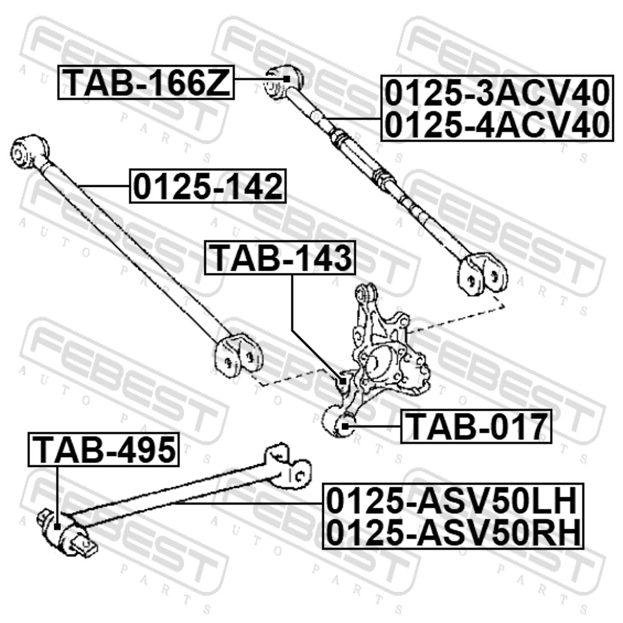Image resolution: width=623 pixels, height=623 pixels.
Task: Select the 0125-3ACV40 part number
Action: tap(497, 93)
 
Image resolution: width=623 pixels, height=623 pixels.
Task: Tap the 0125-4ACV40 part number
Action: tap(497, 124)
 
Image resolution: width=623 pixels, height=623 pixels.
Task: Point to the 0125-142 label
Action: tap(207, 186)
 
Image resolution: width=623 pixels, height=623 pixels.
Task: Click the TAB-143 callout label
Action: tap(280, 257)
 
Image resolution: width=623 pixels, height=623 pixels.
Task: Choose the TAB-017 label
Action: tap(476, 427)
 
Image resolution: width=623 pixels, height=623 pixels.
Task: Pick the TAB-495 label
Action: tap(103, 449)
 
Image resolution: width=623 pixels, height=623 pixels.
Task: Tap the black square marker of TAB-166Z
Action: tap(287, 78)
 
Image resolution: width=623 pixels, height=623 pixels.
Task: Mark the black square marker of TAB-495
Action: tap(57, 527)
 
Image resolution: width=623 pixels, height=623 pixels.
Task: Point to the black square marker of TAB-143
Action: tap(343, 381)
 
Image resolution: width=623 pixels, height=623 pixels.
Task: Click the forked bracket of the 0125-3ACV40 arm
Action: tap(482, 275)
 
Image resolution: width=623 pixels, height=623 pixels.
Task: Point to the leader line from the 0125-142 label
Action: tap(104, 186)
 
